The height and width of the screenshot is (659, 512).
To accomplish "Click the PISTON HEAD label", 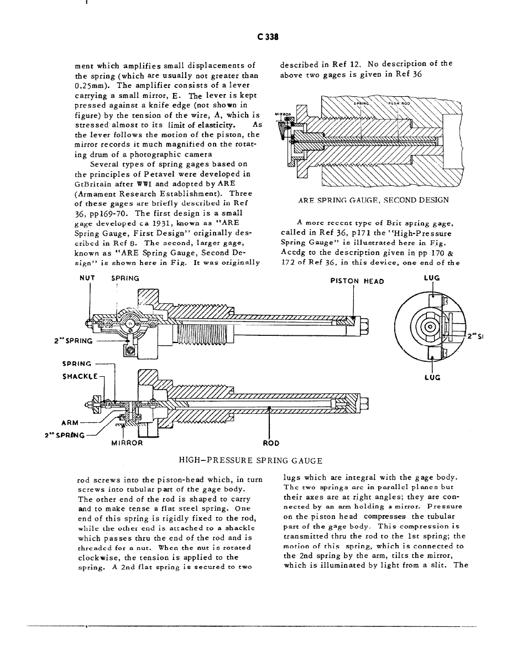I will [357, 281].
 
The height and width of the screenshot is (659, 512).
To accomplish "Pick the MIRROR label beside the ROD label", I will [127, 443].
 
